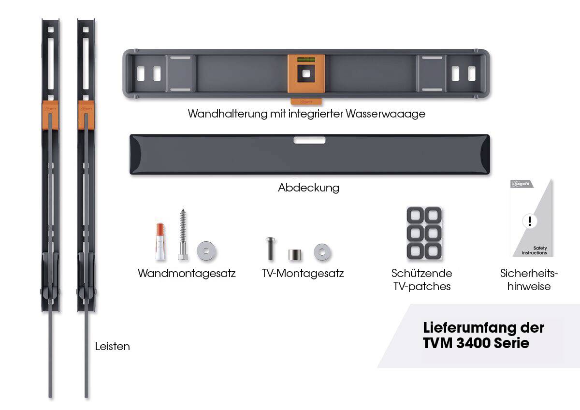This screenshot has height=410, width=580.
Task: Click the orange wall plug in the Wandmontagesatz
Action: [x=160, y=242]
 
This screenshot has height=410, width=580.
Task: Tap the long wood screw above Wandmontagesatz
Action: [x=182, y=234]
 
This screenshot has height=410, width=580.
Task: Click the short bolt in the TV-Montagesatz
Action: [x=270, y=249]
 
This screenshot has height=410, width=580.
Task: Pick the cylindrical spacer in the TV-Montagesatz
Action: [x=294, y=254]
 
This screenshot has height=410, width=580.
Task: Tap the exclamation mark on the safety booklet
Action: [x=530, y=221]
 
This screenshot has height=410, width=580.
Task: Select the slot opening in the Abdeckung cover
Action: [x=309, y=140]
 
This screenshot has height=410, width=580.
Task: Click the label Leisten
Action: [x=112, y=346]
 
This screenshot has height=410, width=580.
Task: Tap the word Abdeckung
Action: [x=308, y=188]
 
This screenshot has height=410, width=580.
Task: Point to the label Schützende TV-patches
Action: [x=421, y=280]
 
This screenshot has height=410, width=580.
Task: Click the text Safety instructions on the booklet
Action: [x=534, y=250]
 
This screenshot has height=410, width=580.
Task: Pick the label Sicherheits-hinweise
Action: [x=529, y=280]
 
